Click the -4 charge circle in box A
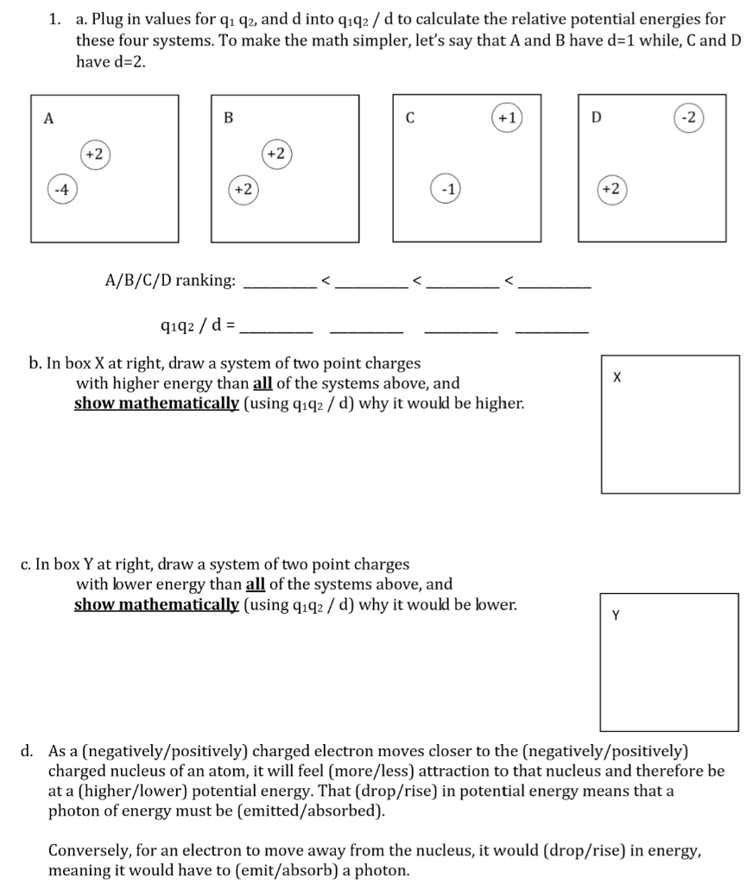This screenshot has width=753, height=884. click(x=60, y=188)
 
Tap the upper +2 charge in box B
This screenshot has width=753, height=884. click(x=275, y=154)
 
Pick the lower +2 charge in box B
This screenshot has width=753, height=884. click(x=241, y=188)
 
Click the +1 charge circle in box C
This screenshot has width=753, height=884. click(x=506, y=117)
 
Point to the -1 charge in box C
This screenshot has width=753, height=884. click(x=445, y=188)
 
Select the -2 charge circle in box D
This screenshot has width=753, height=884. click(x=688, y=117)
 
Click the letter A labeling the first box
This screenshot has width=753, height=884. click(x=48, y=118)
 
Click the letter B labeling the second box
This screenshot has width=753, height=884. click(x=228, y=118)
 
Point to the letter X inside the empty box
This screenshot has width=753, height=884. click(x=616, y=377)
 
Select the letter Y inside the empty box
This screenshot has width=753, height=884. click(x=616, y=616)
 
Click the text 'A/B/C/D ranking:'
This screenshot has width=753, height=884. click(x=170, y=281)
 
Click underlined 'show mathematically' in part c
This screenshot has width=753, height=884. click(x=155, y=604)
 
